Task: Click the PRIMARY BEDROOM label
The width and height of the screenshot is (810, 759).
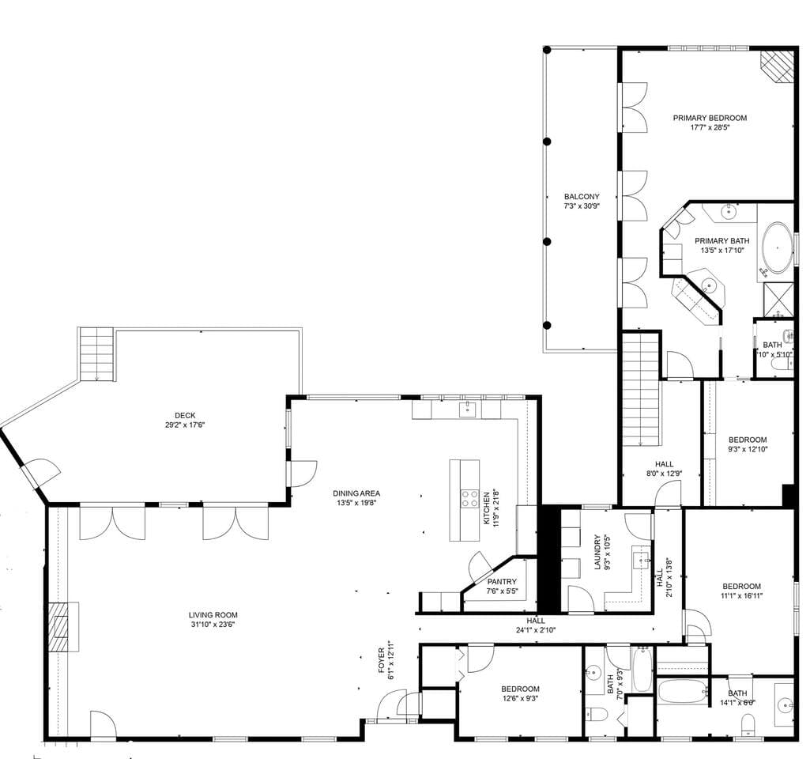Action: tap(710, 118)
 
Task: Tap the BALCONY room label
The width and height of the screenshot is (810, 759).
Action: tap(582, 196)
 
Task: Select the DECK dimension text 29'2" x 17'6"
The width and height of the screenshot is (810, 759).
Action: tap(185, 425)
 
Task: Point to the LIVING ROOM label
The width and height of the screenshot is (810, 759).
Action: tap(213, 615)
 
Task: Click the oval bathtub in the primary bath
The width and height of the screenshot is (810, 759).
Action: tap(778, 247)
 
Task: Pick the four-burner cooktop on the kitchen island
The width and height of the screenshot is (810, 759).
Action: tap(469, 498)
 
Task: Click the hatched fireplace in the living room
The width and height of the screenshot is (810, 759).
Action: tap(62, 626)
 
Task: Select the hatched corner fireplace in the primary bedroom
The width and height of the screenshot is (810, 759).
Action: tap(778, 66)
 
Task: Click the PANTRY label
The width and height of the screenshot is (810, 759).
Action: tap(502, 582)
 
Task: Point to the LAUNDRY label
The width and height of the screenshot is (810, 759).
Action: tap(597, 552)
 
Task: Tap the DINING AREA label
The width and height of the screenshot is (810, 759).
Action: tap(356, 493)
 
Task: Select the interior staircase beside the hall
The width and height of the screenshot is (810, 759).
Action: tap(641, 389)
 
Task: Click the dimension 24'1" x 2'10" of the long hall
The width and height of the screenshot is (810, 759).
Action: tap(536, 630)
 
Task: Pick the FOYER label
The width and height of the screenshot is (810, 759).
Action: tap(381, 660)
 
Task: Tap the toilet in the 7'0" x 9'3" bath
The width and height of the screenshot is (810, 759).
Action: tap(597, 715)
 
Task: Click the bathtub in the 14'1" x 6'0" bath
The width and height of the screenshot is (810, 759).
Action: tap(682, 691)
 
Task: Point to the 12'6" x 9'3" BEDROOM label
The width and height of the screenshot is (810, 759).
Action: tap(520, 689)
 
